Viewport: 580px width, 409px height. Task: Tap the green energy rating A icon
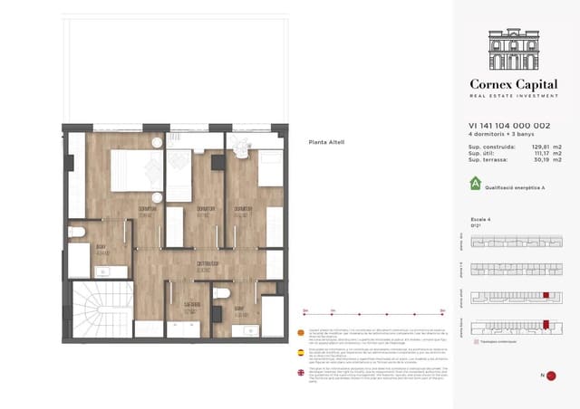(475, 185)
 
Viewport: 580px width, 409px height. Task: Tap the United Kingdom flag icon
(301, 373)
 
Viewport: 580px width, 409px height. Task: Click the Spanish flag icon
(301, 353)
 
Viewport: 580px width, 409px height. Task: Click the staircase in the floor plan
(101, 309)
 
